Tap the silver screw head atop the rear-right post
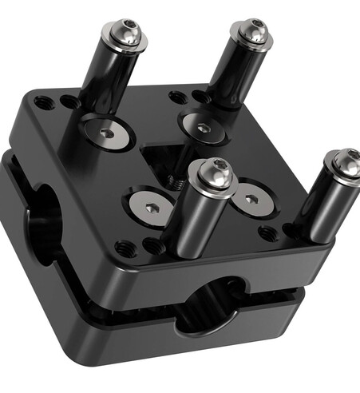click(253, 31)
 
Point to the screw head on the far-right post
click(346, 162)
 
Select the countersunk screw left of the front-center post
click(152, 206)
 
